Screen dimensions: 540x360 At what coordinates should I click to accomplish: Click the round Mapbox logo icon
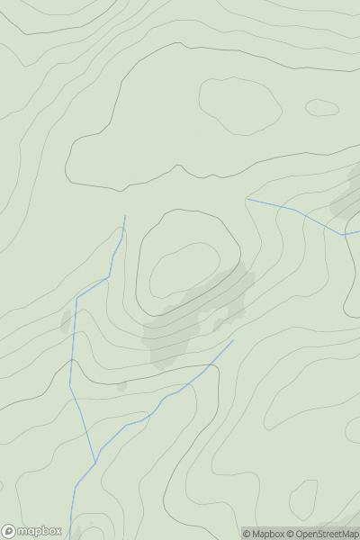pyautogui.click(x=9, y=531)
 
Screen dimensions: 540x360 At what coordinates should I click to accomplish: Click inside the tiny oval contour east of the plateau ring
pyautogui.click(x=322, y=107)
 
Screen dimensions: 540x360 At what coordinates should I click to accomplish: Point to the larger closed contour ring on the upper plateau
pyautogui.click(x=240, y=105)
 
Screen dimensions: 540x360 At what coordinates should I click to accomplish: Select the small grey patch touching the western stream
pyautogui.click(x=67, y=321)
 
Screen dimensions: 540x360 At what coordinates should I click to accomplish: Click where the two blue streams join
pyautogui.click(x=95, y=462)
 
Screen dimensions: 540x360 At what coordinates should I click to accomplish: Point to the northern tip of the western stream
pyautogui.click(x=125, y=216)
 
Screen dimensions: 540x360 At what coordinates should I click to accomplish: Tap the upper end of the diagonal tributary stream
pyautogui.click(x=232, y=340)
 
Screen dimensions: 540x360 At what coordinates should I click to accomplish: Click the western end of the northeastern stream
pyautogui.click(x=247, y=199)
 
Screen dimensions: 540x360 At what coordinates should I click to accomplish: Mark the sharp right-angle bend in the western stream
pyautogui.click(x=77, y=298)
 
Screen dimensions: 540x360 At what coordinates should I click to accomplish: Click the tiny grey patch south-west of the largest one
pyautogui.click(x=121, y=385)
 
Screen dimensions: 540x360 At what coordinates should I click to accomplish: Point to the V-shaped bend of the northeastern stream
pyautogui.click(x=343, y=235)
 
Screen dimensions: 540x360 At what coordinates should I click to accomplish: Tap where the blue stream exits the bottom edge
pyautogui.click(x=70, y=537)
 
